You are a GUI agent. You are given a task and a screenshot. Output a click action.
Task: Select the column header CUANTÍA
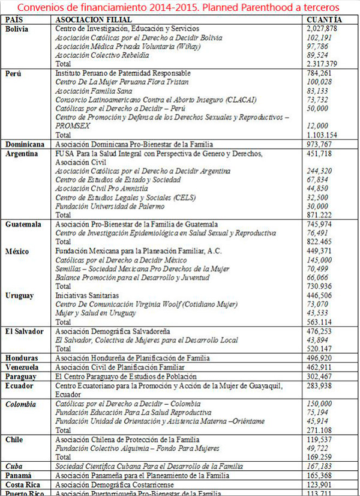325,20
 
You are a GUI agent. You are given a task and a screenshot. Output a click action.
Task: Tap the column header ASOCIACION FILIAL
90,20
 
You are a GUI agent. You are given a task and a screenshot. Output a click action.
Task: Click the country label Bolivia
18,29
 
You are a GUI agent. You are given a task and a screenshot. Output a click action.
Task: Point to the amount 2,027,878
321,29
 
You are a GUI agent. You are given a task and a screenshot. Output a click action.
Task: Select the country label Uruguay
20,295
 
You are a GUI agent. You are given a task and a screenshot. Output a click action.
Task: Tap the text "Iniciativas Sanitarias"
89,295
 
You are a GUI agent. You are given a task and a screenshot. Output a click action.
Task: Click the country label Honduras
22,358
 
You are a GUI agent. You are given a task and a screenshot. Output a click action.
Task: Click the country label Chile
15,440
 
